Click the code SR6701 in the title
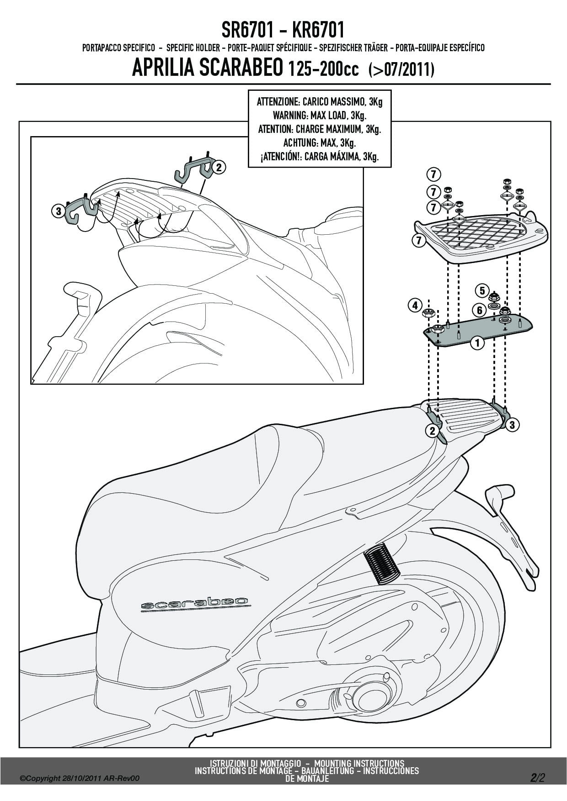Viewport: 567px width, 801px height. [248, 31]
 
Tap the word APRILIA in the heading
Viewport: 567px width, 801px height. [160, 69]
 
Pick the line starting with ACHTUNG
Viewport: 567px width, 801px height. [320, 143]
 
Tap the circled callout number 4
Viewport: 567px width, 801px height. [415, 305]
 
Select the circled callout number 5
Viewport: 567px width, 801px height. [482, 290]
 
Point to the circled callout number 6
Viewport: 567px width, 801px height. [480, 311]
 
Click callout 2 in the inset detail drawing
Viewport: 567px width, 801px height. [219, 168]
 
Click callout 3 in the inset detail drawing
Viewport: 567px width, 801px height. [58, 211]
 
